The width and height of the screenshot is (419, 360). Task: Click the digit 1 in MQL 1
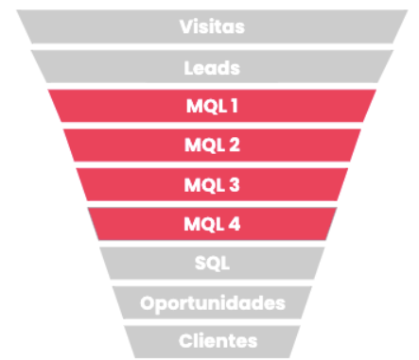click(234, 106)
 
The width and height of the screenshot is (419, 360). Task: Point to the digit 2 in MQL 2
click(235, 146)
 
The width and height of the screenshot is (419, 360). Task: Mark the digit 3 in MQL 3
click(235, 185)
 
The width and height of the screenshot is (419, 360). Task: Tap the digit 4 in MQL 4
click(235, 225)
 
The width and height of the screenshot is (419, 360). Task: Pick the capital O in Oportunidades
click(147, 303)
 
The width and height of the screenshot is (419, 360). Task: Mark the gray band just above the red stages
click(95, 67)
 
